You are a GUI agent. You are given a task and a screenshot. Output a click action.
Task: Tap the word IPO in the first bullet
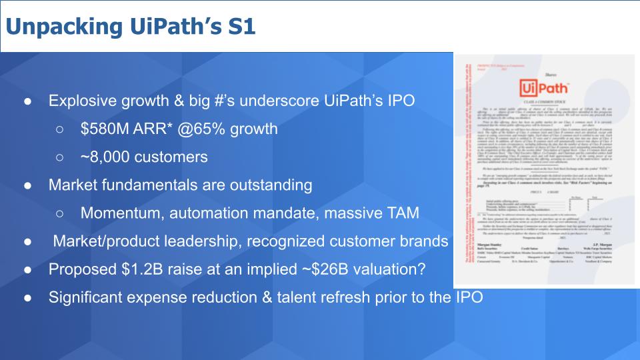[x=398, y=101]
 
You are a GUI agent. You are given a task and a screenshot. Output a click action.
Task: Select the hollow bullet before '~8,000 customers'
[x=60, y=157]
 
